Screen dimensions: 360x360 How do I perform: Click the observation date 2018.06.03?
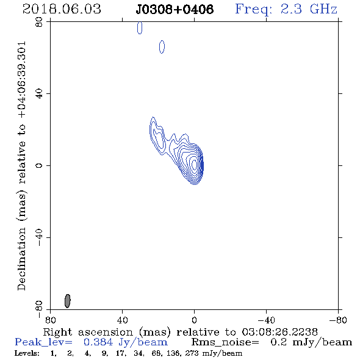point(62,9)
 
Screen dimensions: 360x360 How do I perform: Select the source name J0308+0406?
point(175,9)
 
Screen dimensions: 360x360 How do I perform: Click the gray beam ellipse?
point(67,301)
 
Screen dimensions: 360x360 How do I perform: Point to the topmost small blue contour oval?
point(140,28)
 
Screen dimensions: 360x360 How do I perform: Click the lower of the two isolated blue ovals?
point(162,47)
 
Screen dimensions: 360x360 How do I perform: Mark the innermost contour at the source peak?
point(194,165)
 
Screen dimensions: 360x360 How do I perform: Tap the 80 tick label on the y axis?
point(39,22)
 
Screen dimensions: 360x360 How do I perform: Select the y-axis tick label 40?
point(39,94)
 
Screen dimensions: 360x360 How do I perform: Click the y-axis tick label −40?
point(39,237)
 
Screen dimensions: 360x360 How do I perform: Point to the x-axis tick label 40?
point(122,320)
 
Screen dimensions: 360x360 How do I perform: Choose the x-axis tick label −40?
point(266,320)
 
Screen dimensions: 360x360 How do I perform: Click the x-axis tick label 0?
point(194,320)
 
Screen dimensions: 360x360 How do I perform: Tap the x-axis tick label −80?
point(338,320)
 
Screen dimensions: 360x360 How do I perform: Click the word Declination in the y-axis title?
point(21,259)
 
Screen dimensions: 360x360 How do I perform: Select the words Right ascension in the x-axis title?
point(88,332)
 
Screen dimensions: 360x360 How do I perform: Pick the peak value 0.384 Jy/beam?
point(125,342)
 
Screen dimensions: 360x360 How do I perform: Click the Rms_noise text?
point(225,342)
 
